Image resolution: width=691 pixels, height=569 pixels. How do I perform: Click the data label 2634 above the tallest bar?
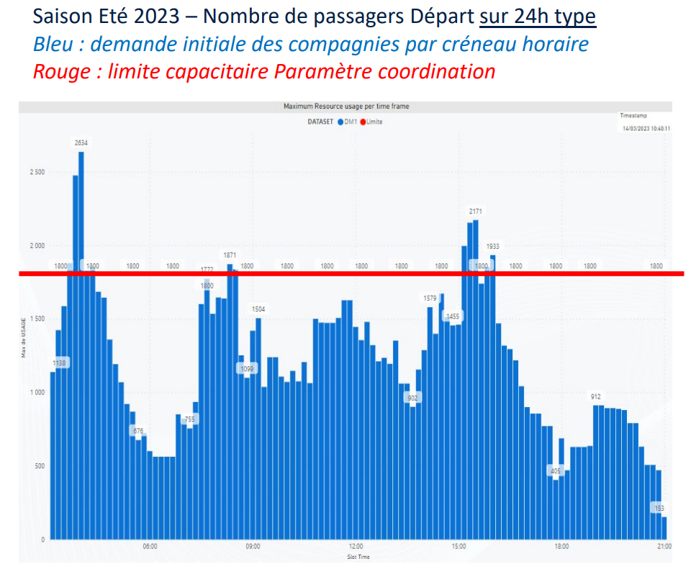click(x=81, y=143)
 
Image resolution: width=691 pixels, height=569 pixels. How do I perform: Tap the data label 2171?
click(x=476, y=211)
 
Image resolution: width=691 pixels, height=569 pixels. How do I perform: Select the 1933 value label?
click(x=492, y=247)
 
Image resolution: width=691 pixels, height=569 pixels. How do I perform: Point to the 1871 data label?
click(x=230, y=255)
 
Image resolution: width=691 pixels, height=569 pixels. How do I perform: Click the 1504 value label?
click(x=258, y=309)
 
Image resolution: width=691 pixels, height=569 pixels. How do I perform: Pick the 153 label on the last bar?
click(x=659, y=509)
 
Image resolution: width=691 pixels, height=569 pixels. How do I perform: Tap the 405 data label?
click(x=555, y=471)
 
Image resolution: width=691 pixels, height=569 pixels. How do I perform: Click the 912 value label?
click(x=596, y=397)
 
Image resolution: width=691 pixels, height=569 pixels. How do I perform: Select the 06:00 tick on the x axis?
click(x=150, y=547)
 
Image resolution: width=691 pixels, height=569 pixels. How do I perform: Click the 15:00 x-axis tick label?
click(x=459, y=547)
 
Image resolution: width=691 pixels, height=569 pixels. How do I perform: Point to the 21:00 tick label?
click(x=664, y=547)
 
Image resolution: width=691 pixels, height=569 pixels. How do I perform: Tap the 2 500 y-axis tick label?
click(x=37, y=173)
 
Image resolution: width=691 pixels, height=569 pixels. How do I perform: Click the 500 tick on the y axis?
click(x=39, y=466)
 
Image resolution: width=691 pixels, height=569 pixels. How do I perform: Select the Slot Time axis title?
click(x=358, y=557)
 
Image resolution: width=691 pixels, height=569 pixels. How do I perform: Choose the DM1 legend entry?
click(x=351, y=122)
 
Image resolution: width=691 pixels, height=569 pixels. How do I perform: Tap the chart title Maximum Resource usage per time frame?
click(x=346, y=106)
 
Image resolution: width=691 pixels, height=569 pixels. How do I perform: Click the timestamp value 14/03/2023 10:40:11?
click(x=646, y=129)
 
